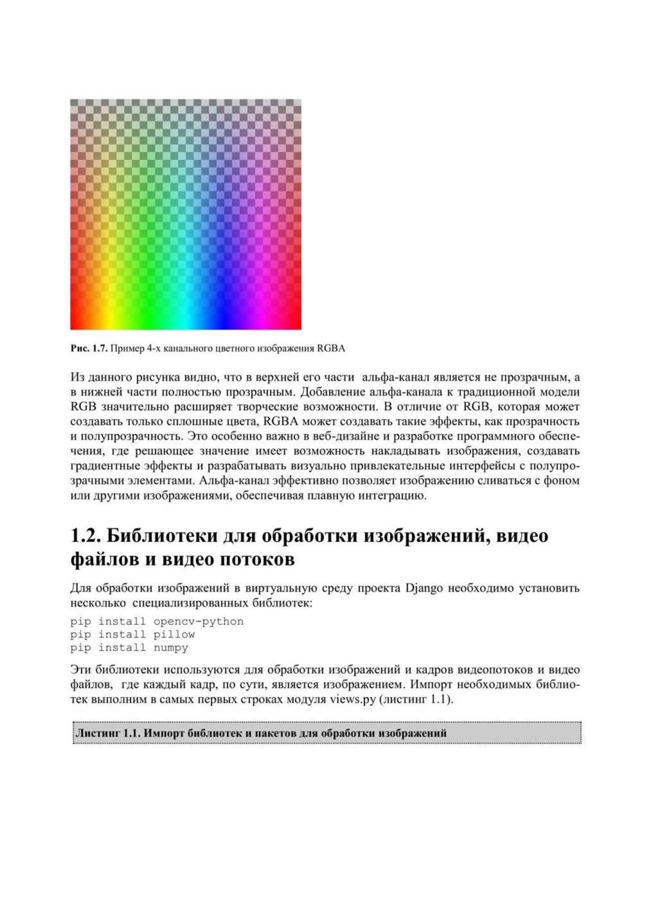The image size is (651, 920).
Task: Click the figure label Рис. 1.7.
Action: tap(89, 349)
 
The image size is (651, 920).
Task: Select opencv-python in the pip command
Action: tap(198, 622)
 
